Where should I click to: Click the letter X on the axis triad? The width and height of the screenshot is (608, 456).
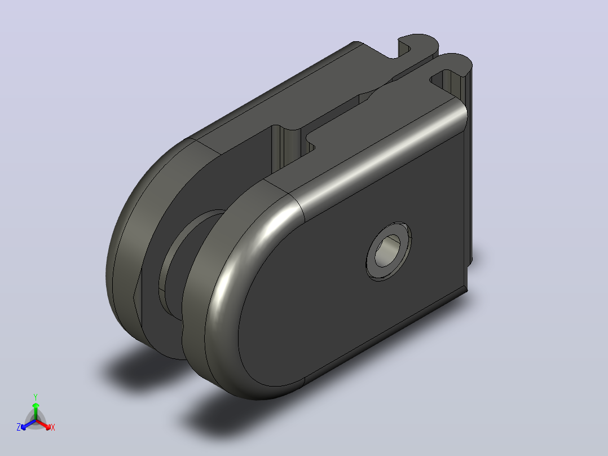pyautogui.click(x=53, y=427)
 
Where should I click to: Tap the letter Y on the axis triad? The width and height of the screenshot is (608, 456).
pyautogui.click(x=36, y=397)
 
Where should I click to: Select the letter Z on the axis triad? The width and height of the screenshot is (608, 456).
pyautogui.click(x=19, y=427)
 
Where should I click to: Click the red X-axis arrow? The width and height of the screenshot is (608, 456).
pyautogui.click(x=43, y=424)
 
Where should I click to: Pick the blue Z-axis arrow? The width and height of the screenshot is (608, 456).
pyautogui.click(x=28, y=424)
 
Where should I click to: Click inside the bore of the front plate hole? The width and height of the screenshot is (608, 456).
pyautogui.click(x=386, y=251)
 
